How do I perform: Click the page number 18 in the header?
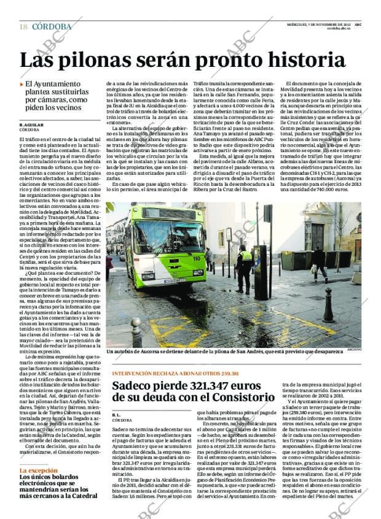click(x=23, y=26)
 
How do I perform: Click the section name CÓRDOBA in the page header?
click(x=52, y=26)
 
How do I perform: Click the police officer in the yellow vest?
click(x=245, y=267)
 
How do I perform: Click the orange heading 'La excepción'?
click(x=38, y=471)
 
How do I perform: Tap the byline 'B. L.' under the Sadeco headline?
click(x=117, y=415)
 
